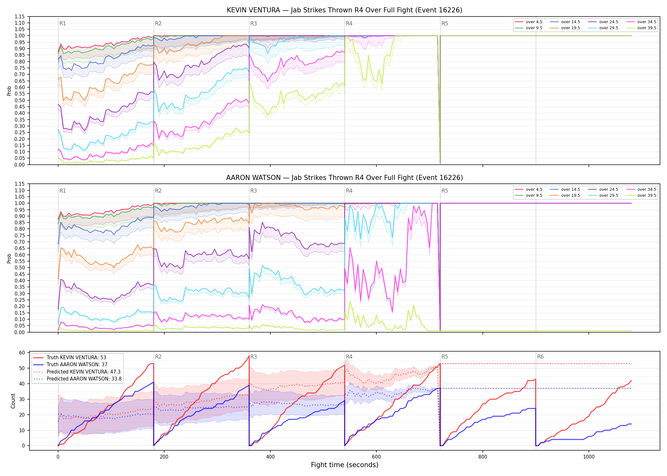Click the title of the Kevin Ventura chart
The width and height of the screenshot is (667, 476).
click(344, 10)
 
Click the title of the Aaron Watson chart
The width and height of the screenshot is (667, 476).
click(344, 178)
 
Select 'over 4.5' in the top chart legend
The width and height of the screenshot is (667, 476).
click(534, 22)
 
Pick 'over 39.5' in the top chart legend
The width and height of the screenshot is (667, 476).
click(647, 28)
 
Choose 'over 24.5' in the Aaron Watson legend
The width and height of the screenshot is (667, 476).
click(609, 189)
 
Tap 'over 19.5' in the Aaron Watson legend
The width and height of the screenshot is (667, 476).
click(570, 195)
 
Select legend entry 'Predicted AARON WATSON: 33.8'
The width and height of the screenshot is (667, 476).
click(84, 379)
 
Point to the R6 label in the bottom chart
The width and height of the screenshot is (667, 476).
click(540, 357)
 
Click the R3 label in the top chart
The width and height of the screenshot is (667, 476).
click(253, 23)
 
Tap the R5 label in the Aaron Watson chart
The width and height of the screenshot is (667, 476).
click(445, 191)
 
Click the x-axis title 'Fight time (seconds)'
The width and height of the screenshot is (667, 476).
click(345, 465)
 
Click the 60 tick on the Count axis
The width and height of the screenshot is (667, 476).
click(22, 353)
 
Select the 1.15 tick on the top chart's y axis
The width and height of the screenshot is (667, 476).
click(19, 17)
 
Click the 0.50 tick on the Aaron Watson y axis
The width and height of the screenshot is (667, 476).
click(19, 268)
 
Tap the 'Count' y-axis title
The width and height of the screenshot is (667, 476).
click(13, 401)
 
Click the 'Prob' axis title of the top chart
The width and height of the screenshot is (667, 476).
click(9, 91)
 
